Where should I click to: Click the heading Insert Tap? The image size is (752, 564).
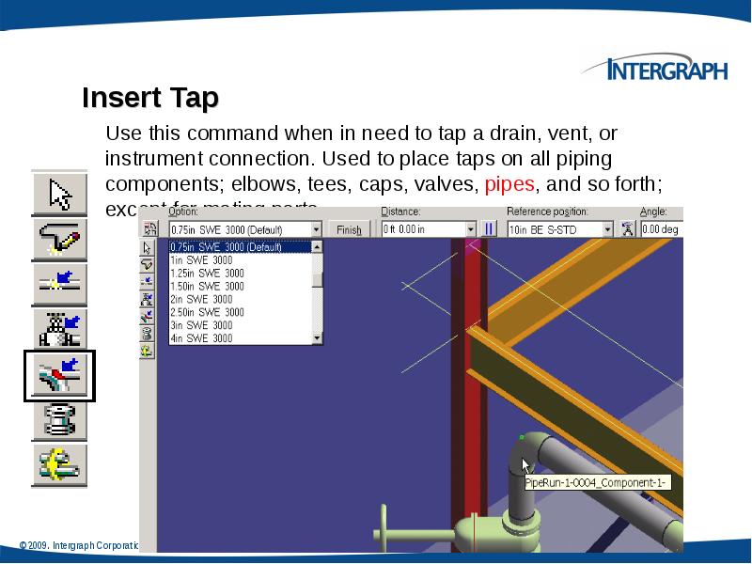(150, 98)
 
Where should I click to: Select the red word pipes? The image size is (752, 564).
(509, 183)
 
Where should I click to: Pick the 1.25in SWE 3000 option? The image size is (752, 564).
(206, 273)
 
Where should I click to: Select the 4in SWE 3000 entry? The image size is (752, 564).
(200, 337)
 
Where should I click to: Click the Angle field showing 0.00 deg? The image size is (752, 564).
(661, 229)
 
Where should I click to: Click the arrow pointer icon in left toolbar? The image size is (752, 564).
(59, 195)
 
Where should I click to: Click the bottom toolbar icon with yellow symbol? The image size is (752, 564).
(59, 464)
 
